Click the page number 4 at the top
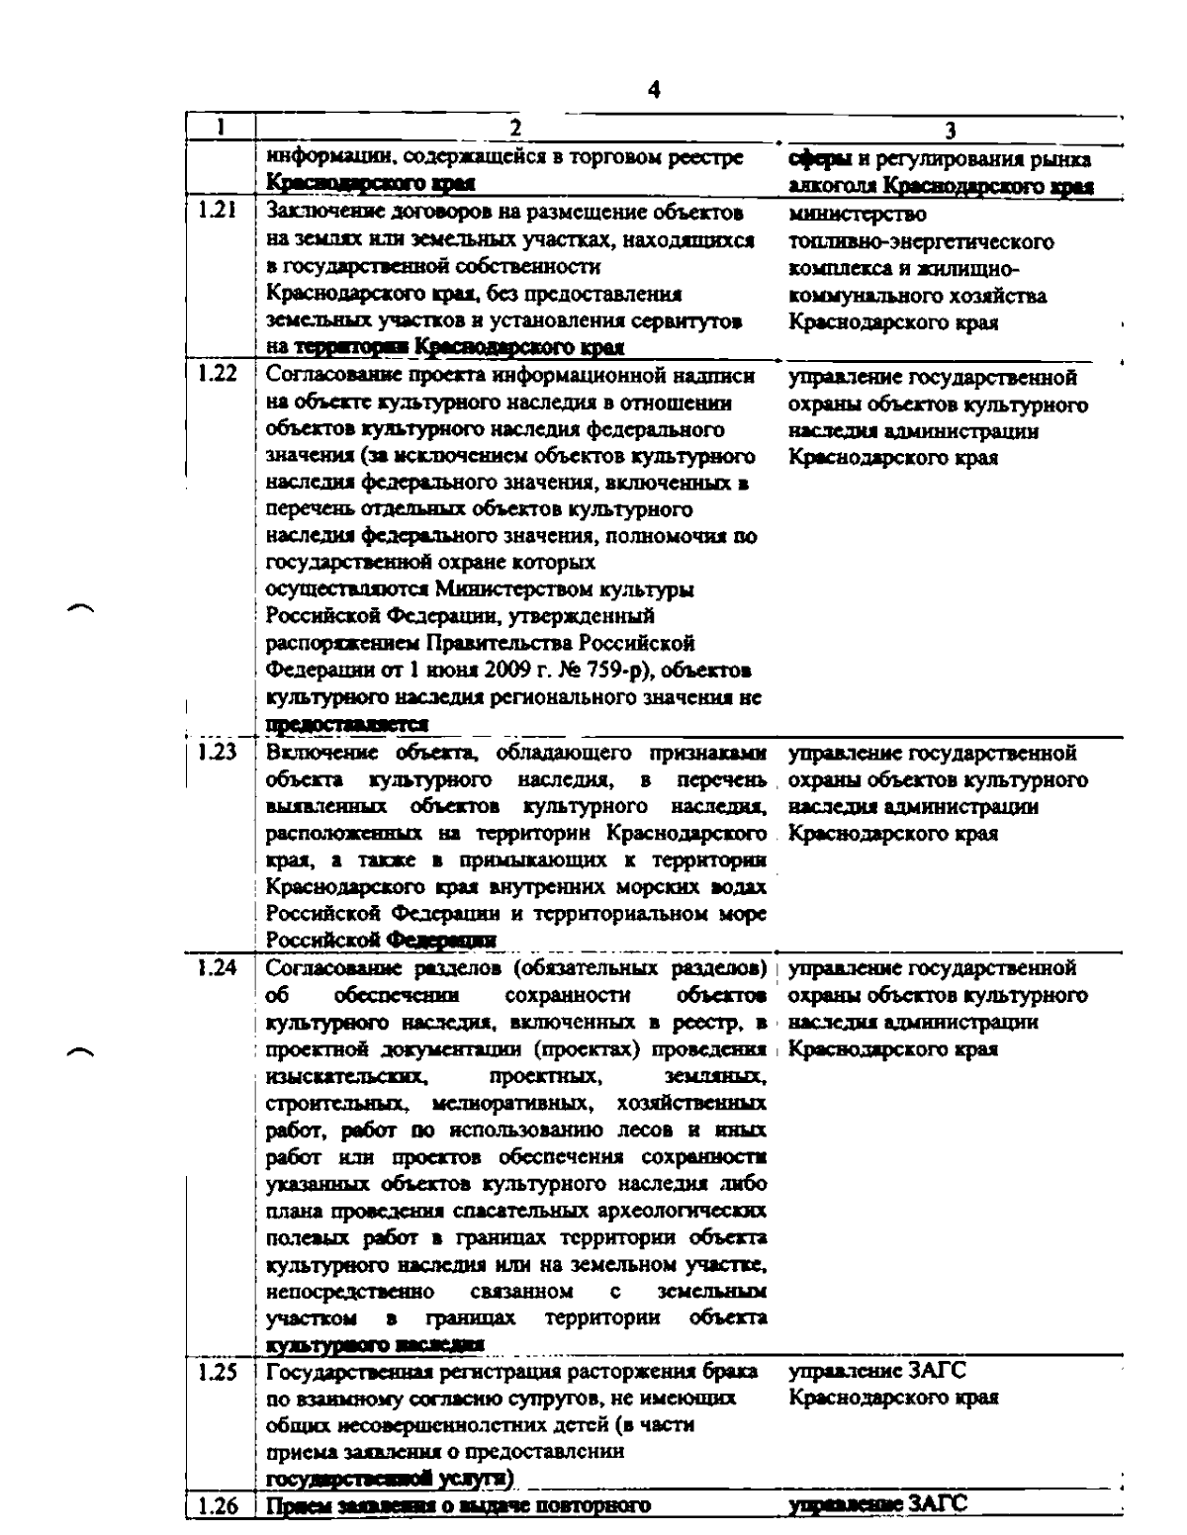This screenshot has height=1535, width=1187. click(x=653, y=91)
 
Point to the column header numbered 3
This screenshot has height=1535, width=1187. click(x=950, y=130)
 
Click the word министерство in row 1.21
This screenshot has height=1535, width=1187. click(x=857, y=215)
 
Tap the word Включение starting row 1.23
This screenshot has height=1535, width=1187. click(x=311, y=754)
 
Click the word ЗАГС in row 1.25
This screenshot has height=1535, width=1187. click(x=936, y=1371)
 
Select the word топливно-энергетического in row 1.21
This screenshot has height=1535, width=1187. click(x=921, y=242)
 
